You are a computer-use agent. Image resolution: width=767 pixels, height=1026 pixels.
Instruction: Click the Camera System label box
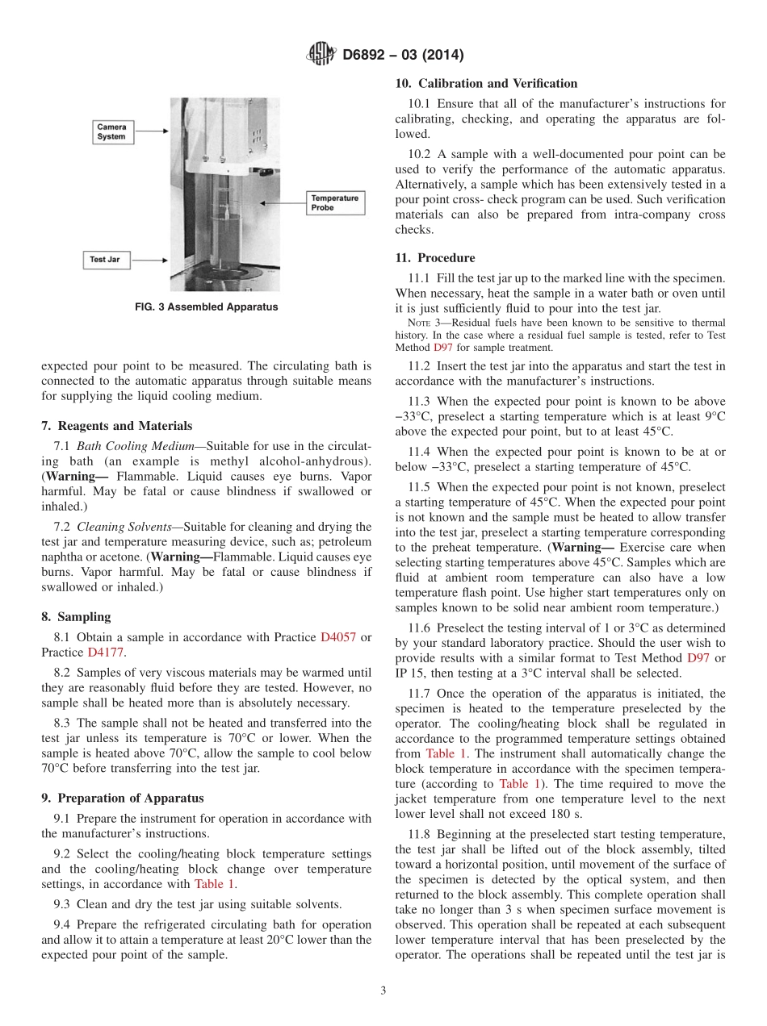[x=111, y=131]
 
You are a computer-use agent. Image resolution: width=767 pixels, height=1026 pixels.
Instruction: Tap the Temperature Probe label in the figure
[x=334, y=202]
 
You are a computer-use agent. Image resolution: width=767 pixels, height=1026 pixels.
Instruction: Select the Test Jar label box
[x=107, y=260]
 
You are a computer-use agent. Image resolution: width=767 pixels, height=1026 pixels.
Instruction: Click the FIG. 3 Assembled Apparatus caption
[x=206, y=307]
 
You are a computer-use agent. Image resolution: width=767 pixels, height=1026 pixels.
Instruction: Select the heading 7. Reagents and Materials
[x=116, y=426]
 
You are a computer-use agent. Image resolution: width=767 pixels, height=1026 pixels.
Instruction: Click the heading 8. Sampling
[x=76, y=617]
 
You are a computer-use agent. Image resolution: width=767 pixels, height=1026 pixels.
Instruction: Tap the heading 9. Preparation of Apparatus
[x=122, y=799]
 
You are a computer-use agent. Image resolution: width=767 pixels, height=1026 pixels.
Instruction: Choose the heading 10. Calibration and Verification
[x=486, y=84]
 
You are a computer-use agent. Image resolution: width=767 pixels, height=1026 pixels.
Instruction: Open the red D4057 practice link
[x=337, y=637]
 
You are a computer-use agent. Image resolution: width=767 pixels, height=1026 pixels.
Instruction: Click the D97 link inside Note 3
[x=442, y=348]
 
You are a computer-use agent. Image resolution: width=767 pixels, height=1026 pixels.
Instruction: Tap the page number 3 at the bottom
[x=383, y=991]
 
